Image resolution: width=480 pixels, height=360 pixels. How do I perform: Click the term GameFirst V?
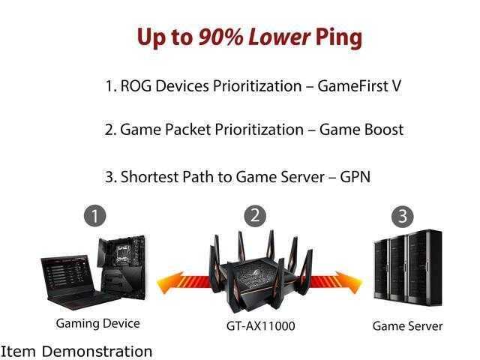pyautogui.click(x=359, y=86)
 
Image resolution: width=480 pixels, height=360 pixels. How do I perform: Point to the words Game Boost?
pyautogui.click(x=361, y=130)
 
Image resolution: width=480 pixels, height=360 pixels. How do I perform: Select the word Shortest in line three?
pyautogui.click(x=150, y=177)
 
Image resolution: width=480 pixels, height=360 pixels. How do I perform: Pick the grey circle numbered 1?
pyautogui.click(x=94, y=217)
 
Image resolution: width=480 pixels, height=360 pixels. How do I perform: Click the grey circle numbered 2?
pyautogui.click(x=256, y=215)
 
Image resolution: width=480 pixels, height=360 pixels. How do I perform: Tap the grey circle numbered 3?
pyautogui.click(x=403, y=217)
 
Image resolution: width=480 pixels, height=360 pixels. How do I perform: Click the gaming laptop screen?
pyautogui.click(x=71, y=277)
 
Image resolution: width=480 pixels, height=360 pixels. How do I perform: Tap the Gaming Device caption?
pyautogui.click(x=97, y=324)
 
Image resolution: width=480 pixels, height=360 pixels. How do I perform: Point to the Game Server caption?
pyautogui.click(x=407, y=325)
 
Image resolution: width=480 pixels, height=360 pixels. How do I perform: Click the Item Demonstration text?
pyautogui.click(x=76, y=350)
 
